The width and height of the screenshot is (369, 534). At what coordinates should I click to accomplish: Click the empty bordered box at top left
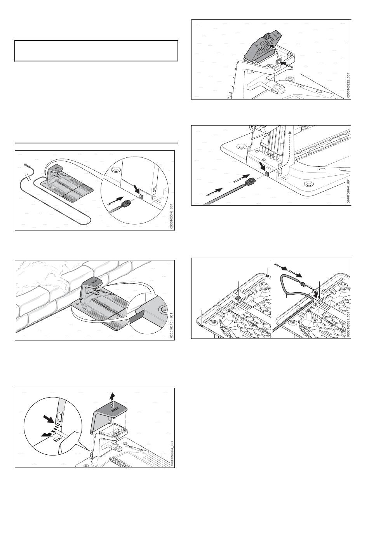click(x=96, y=51)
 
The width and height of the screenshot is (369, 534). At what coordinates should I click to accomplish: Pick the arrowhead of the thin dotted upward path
click(x=290, y=133)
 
